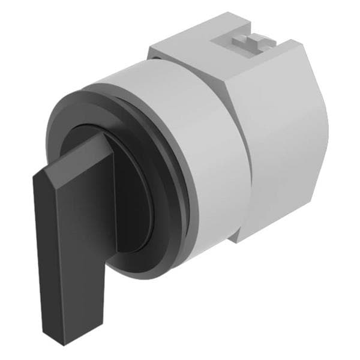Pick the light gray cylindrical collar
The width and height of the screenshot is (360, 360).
(x=198, y=150)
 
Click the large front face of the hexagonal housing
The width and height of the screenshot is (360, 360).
(x=282, y=150)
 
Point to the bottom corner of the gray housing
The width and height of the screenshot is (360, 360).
(x=237, y=241)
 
